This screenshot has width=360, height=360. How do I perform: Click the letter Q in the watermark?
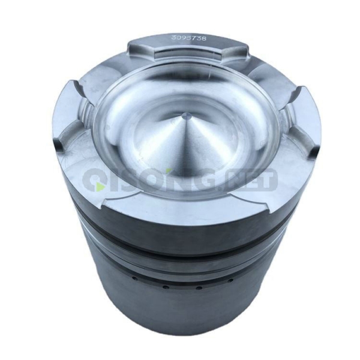point(96,180)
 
